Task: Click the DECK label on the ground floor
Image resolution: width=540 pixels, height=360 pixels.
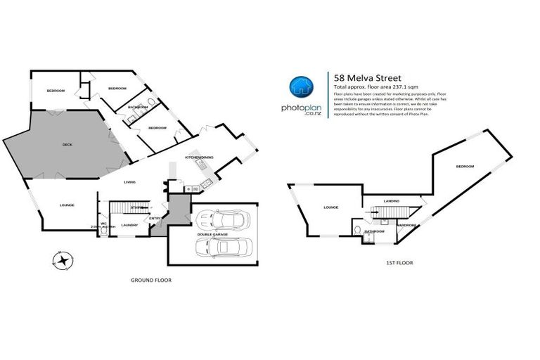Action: pyautogui.click(x=67, y=145)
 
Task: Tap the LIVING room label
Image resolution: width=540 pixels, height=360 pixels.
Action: pyautogui.click(x=129, y=183)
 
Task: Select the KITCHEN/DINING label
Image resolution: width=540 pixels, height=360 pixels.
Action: pyautogui.click(x=199, y=157)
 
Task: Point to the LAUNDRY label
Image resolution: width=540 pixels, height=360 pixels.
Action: pyautogui.click(x=129, y=225)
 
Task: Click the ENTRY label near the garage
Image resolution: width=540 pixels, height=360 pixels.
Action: pyautogui.click(x=155, y=218)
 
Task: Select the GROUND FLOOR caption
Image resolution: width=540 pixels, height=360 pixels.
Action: pyautogui.click(x=151, y=280)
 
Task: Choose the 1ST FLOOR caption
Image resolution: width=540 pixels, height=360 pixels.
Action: pyautogui.click(x=399, y=262)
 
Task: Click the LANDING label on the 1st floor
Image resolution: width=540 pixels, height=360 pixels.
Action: pyautogui.click(x=392, y=201)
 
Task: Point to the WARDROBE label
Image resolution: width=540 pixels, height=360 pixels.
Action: pyautogui.click(x=408, y=225)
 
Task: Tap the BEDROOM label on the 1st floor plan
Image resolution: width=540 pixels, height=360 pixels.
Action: pyautogui.click(x=465, y=166)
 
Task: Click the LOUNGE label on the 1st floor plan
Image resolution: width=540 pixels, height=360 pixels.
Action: pyautogui.click(x=331, y=207)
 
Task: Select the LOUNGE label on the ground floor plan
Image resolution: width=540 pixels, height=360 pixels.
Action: pyautogui.click(x=67, y=205)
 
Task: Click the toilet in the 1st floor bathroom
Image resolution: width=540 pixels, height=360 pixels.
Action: pyautogui.click(x=359, y=230)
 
